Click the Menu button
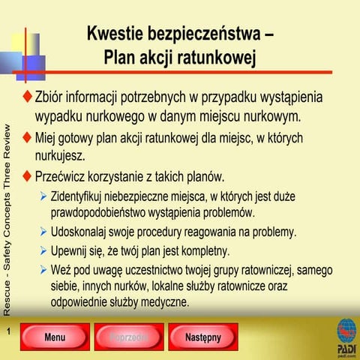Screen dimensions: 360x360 click(x=55, y=337)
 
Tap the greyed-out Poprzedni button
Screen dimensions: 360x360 click(x=128, y=337)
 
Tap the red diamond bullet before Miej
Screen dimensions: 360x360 click(x=28, y=139)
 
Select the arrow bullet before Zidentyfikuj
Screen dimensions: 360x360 click(x=43, y=197)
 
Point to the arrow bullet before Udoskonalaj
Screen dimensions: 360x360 click(x=43, y=232)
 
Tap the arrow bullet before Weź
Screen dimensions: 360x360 click(x=43, y=268)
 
